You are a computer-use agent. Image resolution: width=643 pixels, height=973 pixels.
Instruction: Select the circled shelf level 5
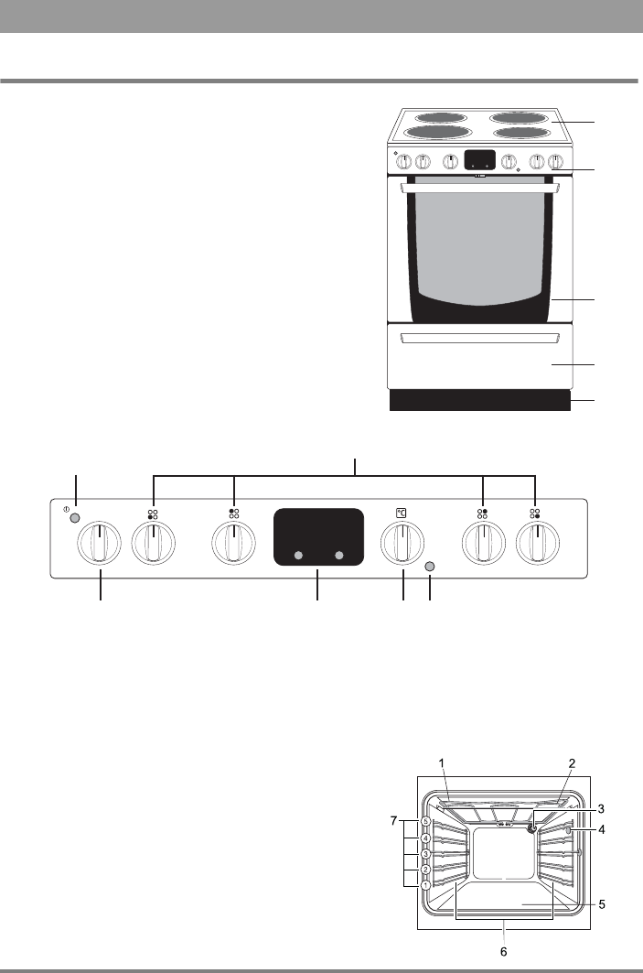[x=426, y=822]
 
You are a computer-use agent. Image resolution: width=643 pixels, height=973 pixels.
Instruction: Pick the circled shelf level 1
[x=426, y=885]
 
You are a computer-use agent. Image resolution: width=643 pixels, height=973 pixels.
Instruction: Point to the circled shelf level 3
[x=426, y=854]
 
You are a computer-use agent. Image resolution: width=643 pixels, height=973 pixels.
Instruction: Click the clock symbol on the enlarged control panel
[x=402, y=514]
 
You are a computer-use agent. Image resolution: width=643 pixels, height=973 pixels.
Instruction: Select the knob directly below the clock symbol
[x=402, y=546]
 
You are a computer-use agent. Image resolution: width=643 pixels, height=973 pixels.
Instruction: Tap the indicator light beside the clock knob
[x=431, y=568]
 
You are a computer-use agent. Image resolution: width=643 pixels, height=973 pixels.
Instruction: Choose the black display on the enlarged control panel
[x=317, y=536]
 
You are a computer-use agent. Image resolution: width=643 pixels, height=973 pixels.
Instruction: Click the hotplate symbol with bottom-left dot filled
[x=153, y=514]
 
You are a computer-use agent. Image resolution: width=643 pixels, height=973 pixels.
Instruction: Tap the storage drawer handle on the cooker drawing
[x=480, y=340]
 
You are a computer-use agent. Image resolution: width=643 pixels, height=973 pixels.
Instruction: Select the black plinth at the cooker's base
[x=480, y=401]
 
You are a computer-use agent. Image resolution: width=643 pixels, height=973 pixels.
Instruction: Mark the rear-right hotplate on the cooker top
[x=521, y=117]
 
